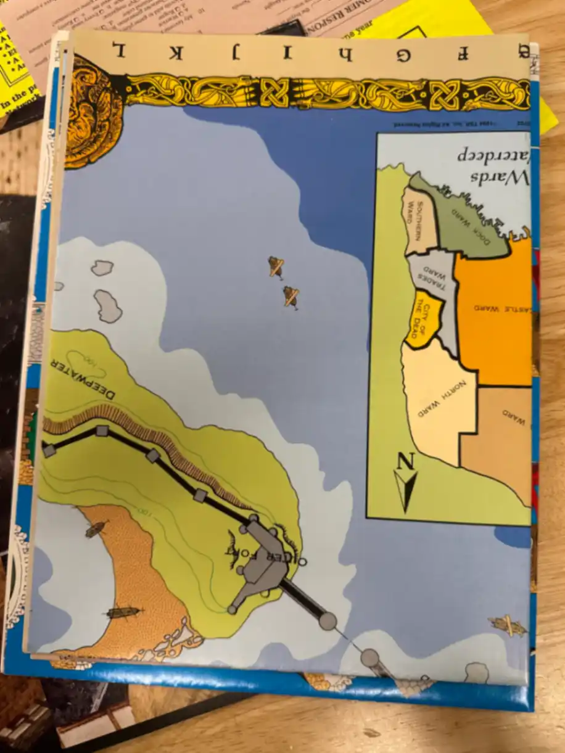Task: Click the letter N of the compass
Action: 405,461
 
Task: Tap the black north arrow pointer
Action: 406,490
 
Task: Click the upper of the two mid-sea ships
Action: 276,266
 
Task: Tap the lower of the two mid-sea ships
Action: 291,296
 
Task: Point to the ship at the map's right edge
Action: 508,625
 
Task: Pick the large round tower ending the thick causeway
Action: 328,621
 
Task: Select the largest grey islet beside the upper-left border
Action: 108,306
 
